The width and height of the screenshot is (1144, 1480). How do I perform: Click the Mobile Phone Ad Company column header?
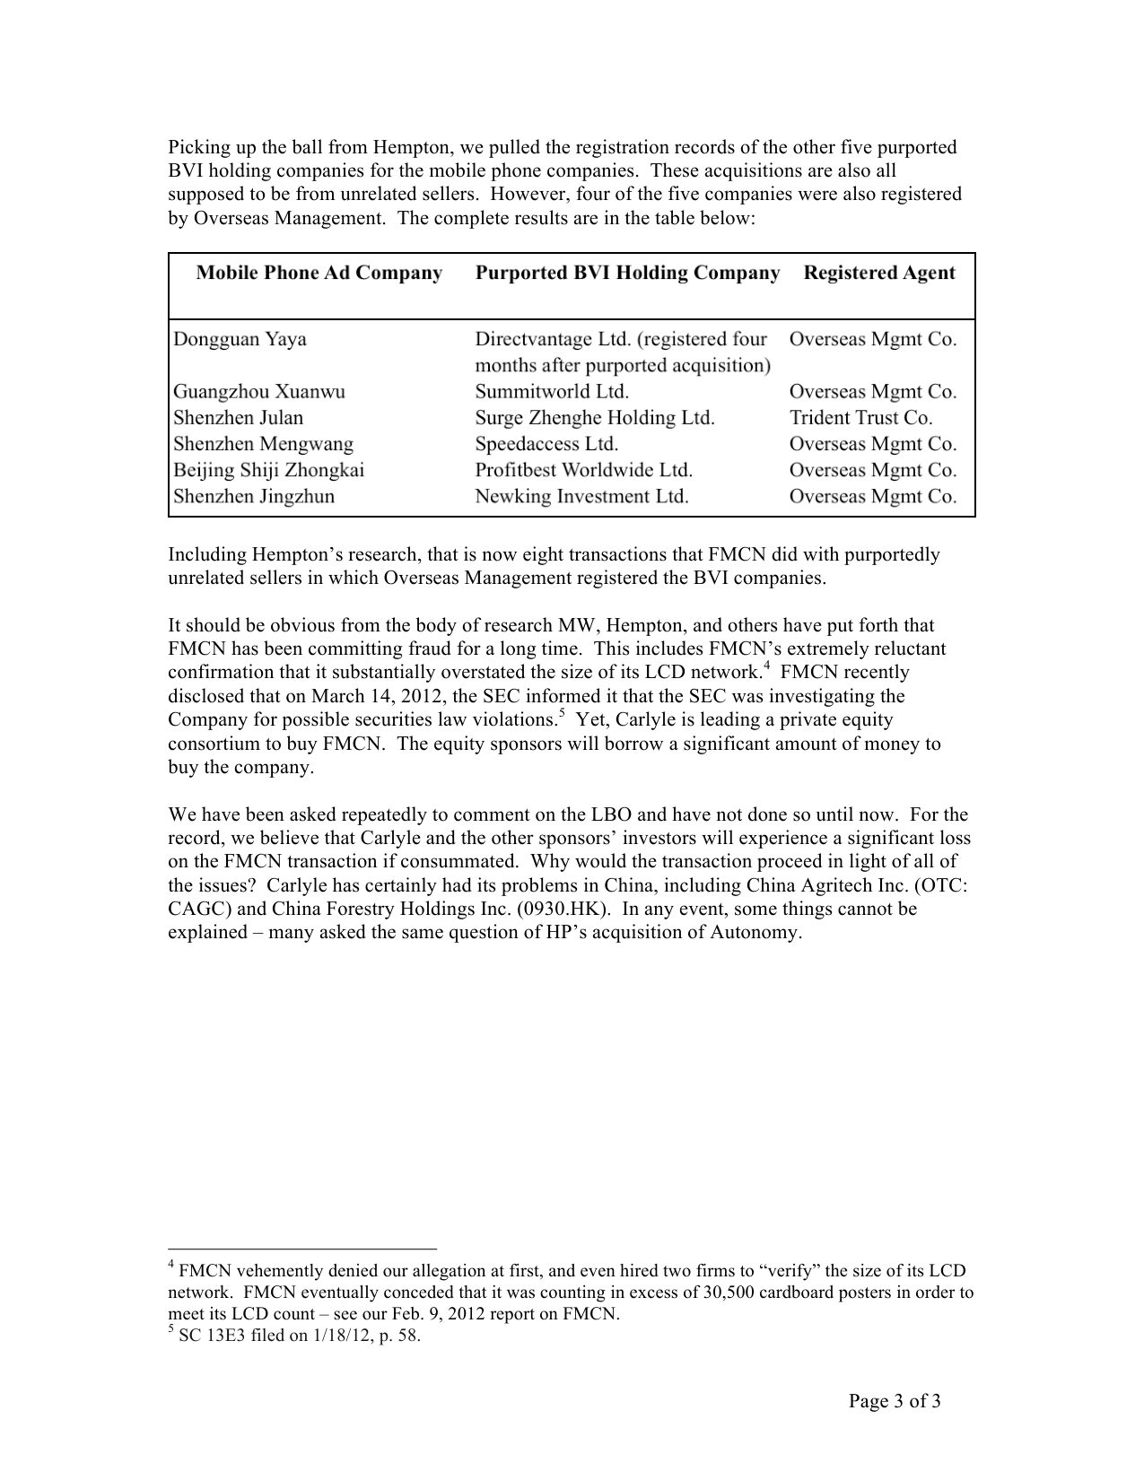[319, 274]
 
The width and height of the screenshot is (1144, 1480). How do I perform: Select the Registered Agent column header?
[878, 274]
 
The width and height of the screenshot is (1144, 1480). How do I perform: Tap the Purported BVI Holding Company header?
[627, 274]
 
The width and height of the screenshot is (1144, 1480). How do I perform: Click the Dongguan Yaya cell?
[240, 339]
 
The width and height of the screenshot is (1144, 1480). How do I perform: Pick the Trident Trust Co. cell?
[860, 418]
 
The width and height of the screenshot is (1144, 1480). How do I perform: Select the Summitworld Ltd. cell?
[552, 392]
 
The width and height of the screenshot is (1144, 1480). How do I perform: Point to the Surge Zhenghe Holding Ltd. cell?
[595, 418]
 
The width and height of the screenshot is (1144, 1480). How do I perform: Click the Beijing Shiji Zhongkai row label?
[268, 470]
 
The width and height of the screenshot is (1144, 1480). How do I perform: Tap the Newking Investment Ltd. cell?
[581, 496]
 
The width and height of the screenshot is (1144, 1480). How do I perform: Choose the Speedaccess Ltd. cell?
[546, 444]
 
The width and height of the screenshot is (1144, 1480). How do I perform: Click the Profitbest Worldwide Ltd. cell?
[583, 470]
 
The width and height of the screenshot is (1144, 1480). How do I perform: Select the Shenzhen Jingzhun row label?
[253, 496]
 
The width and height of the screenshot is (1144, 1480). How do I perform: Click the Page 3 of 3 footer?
[895, 1402]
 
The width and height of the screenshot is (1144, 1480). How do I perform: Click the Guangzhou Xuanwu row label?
[258, 392]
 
